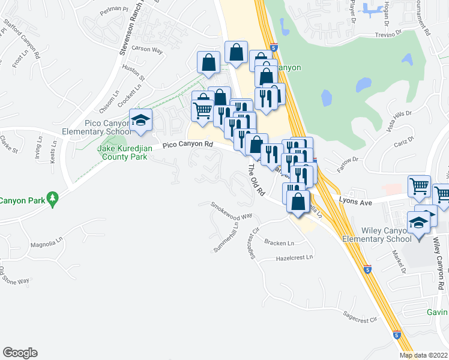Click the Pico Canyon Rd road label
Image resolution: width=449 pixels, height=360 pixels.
188,145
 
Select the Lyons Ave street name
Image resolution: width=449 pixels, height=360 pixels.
356,203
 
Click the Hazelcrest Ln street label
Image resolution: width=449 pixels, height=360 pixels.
295,257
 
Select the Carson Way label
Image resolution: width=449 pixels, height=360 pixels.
147,50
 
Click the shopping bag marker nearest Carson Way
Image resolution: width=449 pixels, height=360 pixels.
208,62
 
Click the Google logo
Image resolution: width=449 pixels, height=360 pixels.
20,353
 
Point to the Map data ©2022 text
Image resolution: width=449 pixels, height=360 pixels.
424,355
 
